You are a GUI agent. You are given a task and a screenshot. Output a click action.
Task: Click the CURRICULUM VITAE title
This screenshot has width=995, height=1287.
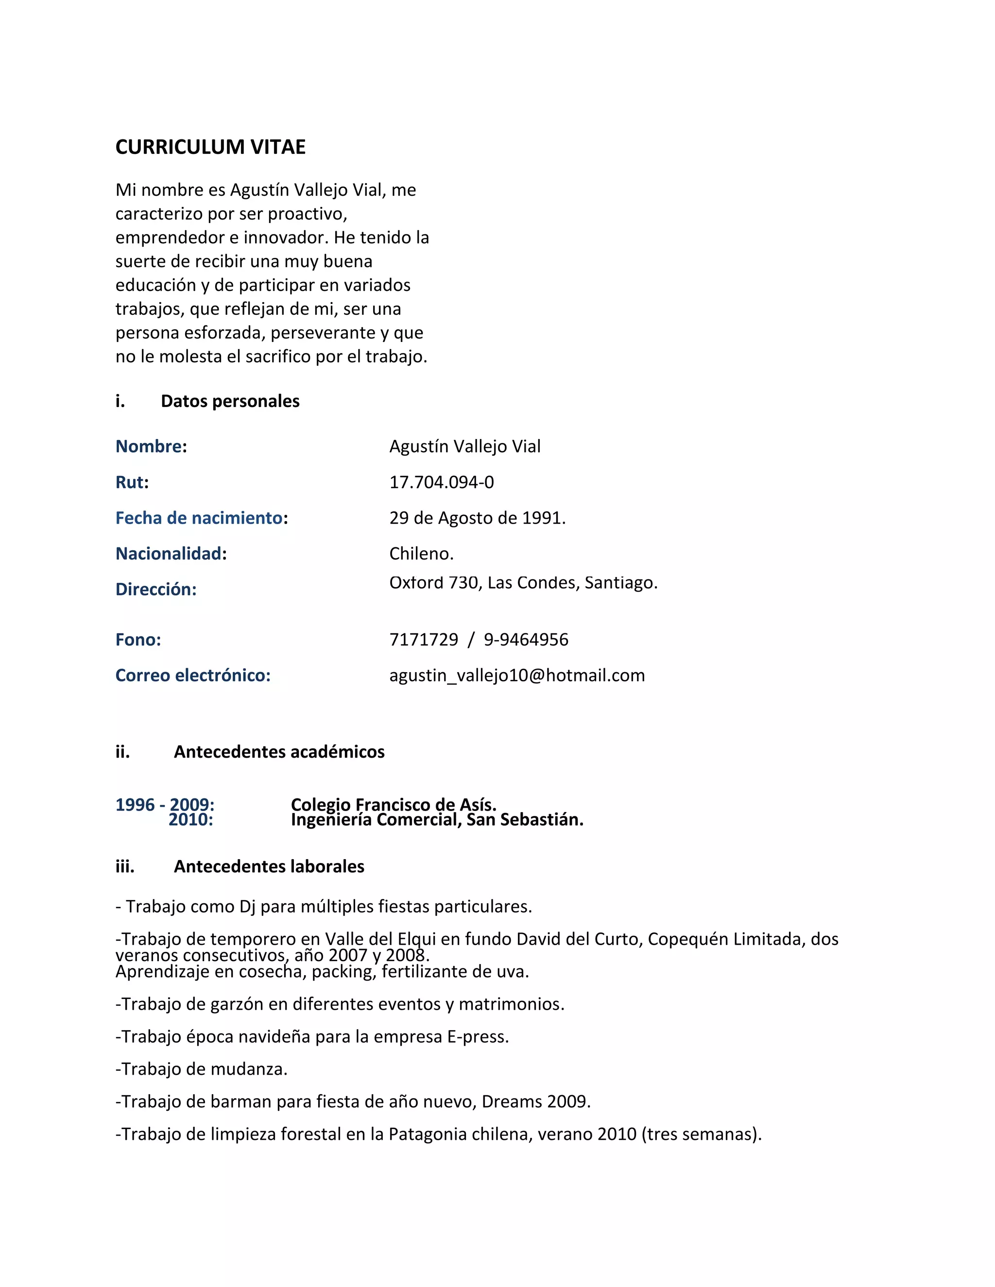coord(210,147)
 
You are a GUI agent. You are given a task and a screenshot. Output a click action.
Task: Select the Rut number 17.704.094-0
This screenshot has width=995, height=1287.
coord(442,482)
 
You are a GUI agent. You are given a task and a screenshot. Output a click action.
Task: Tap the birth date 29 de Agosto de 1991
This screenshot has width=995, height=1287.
coord(477,518)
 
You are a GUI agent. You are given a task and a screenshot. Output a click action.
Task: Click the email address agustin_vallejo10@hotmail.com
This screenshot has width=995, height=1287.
coord(517,676)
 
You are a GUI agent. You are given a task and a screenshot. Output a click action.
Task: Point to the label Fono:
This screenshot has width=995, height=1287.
coord(138,640)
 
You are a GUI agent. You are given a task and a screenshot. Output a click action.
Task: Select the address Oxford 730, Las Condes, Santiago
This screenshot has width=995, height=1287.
coord(523,582)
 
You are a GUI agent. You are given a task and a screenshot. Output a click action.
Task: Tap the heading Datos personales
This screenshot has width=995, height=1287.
coord(230,401)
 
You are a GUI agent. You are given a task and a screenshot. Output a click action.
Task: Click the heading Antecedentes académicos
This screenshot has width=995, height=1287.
coord(279,751)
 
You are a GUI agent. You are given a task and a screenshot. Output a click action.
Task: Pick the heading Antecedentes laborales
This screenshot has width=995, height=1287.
coord(269,866)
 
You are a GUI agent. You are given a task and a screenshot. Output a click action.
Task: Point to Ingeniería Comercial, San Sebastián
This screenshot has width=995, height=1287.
coord(437,820)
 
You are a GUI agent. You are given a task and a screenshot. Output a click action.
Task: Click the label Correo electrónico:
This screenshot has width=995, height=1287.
coord(193,676)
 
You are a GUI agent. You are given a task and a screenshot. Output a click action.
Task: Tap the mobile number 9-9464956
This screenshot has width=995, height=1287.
coord(526,640)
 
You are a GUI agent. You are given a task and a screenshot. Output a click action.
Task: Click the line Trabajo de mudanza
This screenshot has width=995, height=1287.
coord(202,1069)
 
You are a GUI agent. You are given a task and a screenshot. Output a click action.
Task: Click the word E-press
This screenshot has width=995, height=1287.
coord(478,1036)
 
